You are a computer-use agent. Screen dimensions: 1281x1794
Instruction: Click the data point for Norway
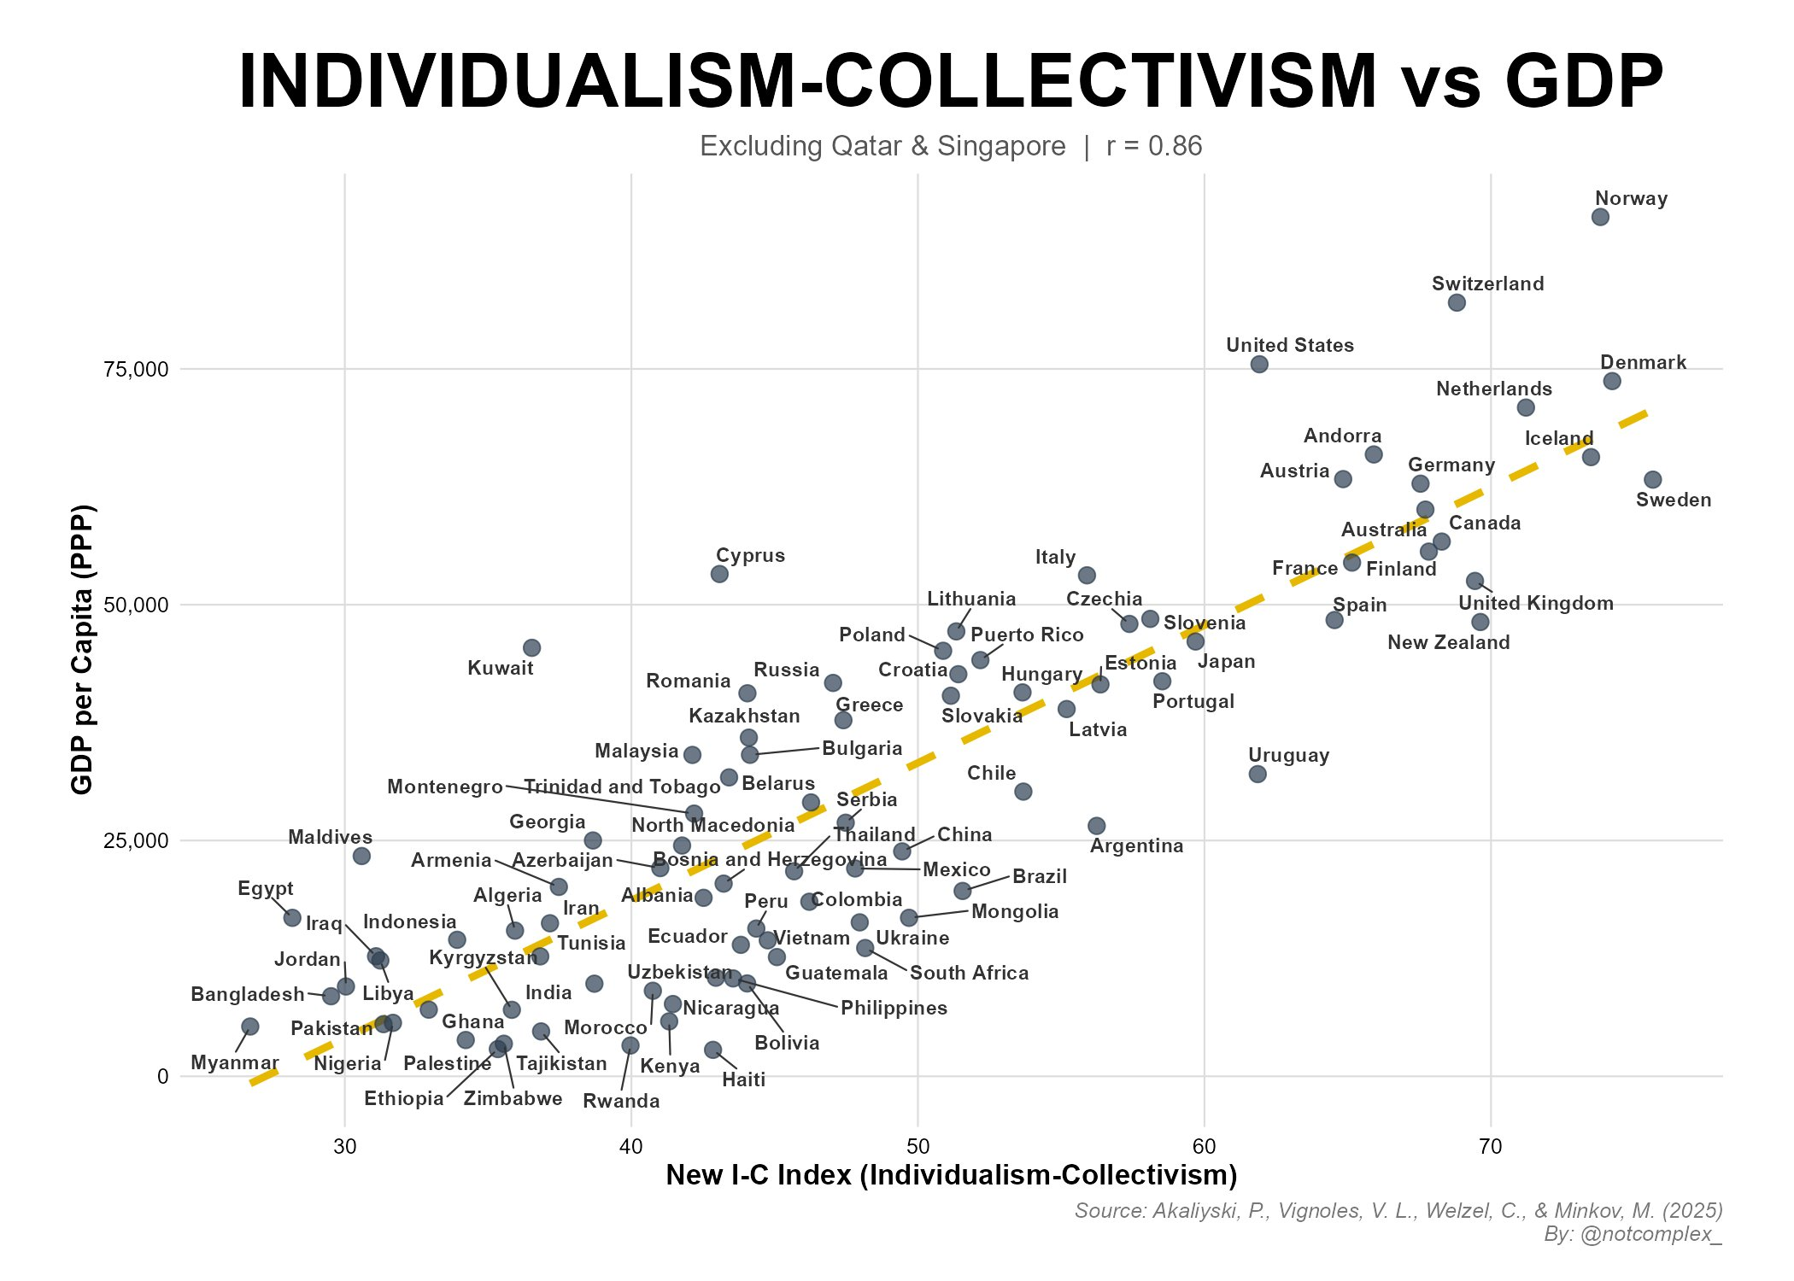pos(1600,217)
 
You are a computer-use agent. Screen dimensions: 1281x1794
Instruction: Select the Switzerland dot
pos(1457,302)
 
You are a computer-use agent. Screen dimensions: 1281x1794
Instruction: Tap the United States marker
pos(1258,365)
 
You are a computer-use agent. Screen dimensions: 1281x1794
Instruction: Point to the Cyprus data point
pos(719,574)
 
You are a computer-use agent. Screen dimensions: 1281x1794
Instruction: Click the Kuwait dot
pos(531,648)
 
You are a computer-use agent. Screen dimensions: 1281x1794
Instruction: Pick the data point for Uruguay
pos(1257,775)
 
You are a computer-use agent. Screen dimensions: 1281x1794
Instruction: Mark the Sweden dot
pos(1652,480)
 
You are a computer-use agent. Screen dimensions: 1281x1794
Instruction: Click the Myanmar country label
pos(234,1063)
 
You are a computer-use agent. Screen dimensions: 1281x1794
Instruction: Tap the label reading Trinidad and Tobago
pos(621,787)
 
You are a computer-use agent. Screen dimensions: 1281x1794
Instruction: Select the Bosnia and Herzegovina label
pos(770,859)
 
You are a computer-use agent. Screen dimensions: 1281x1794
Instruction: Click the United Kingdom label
pos(1535,604)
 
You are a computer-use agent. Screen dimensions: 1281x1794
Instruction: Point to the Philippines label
pos(894,1009)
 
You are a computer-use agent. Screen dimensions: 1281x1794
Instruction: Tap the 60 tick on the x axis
pos(1204,1146)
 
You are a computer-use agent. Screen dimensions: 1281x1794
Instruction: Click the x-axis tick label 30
pos(344,1146)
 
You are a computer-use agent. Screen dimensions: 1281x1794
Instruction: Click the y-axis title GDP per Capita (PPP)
pos(82,649)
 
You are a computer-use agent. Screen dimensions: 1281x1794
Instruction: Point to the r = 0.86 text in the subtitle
pos(1153,147)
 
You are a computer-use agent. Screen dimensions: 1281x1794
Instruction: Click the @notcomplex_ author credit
pos(1650,1234)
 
